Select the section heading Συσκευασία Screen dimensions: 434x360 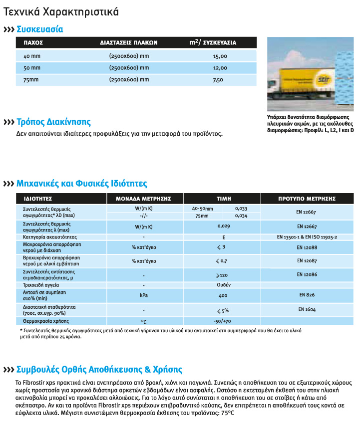point(40,29)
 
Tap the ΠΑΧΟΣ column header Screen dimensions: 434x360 point(33,43)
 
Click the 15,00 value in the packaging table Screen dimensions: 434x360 point(220,56)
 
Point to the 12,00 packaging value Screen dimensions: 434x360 point(220,68)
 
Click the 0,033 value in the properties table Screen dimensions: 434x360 point(241,208)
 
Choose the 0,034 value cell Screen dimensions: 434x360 point(241,216)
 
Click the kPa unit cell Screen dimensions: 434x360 point(144,295)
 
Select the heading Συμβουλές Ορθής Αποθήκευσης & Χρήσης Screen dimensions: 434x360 point(99,370)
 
